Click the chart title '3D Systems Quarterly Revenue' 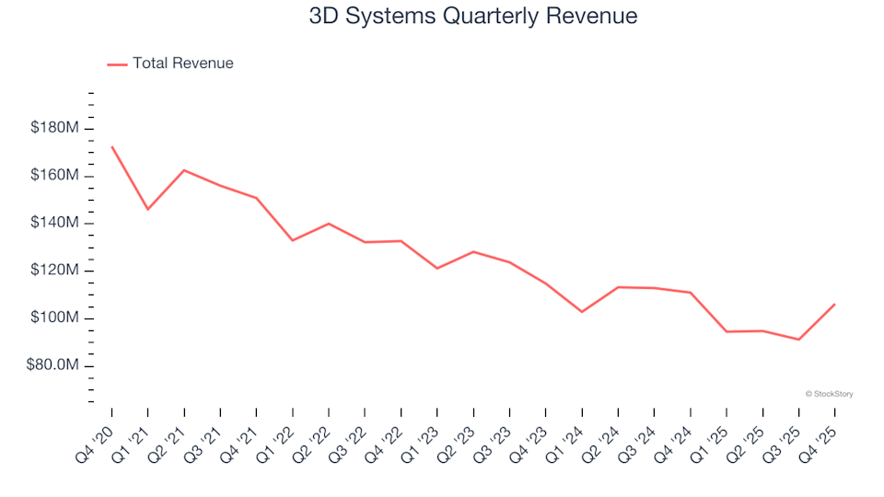click(473, 17)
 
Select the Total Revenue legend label click(182, 64)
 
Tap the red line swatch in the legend click(117, 64)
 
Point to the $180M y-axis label click(54, 128)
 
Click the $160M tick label click(54, 176)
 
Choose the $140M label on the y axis click(54, 224)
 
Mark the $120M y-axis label click(54, 272)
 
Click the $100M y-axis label click(54, 318)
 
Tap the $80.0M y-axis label click(52, 366)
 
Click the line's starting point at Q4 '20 click(112, 146)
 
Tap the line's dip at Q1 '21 click(148, 210)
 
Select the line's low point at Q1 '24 click(582, 312)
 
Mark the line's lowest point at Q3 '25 click(798, 340)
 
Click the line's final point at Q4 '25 click(834, 305)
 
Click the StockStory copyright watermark click(829, 394)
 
